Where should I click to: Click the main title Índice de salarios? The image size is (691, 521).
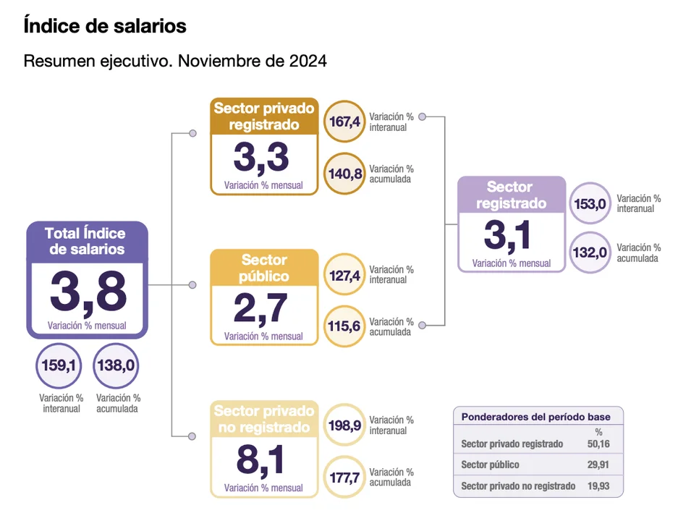[105, 26]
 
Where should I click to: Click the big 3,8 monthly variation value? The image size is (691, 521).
[88, 292]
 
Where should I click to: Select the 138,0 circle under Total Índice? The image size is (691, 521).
[116, 366]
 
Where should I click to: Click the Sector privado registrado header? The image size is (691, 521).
[264, 116]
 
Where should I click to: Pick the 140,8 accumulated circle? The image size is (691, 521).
[344, 174]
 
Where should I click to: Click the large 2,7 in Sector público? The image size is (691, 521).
[263, 308]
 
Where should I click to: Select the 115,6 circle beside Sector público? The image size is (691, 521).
[344, 326]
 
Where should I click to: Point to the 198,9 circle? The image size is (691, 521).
[344, 425]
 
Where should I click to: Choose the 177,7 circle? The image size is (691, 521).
[344, 477]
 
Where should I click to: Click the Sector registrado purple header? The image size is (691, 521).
[511, 195]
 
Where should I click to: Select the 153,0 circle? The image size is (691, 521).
[590, 203]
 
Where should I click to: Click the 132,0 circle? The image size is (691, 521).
[590, 253]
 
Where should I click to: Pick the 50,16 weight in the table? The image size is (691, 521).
[598, 444]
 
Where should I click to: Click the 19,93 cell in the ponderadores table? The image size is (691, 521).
[598, 486]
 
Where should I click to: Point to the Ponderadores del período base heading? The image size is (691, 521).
[535, 417]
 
